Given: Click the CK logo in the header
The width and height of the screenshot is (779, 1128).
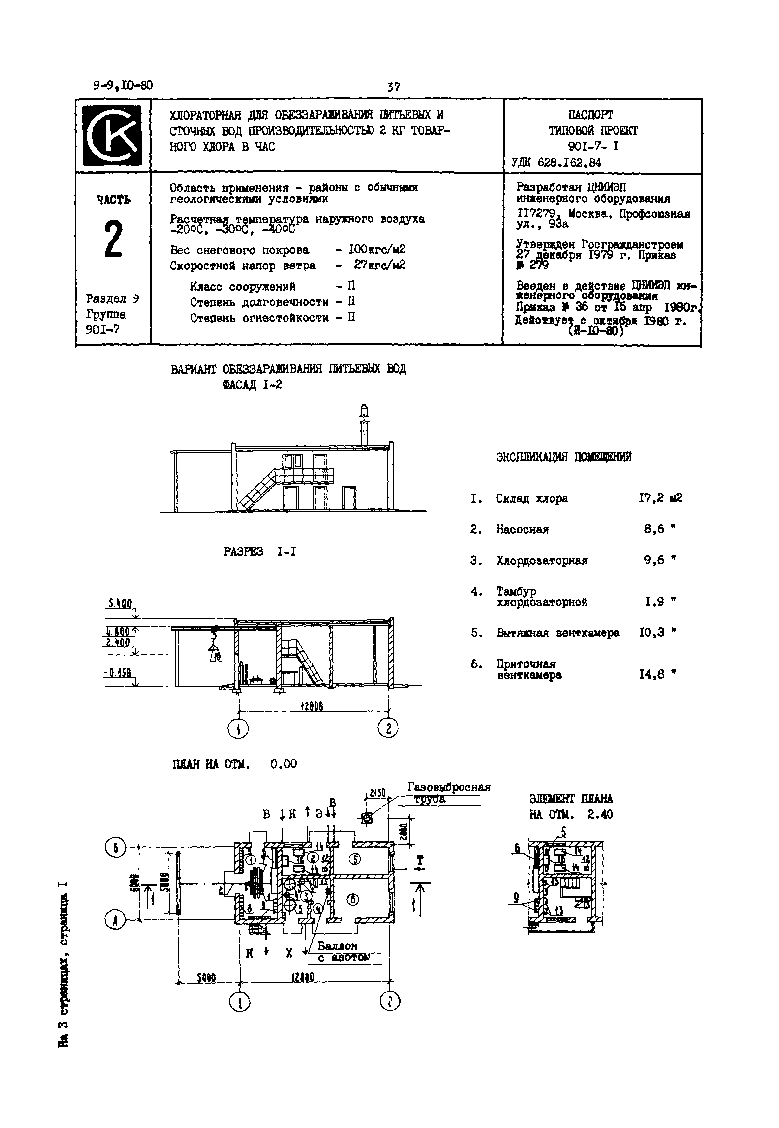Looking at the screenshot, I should point(112,136).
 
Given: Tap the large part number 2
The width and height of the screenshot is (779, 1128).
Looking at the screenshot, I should point(113,239).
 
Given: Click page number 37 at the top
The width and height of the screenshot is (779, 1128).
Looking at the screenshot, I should point(393,87).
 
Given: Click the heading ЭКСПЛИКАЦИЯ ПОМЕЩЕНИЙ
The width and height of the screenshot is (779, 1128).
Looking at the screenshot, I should point(563,457).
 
